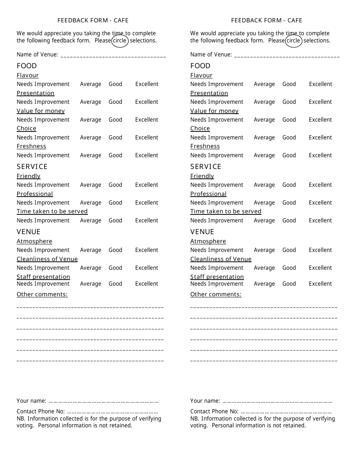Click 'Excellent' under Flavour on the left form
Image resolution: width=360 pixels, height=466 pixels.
point(147,84)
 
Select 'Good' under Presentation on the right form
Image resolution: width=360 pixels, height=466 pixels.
point(289,102)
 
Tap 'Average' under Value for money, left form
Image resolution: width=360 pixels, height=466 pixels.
point(91,120)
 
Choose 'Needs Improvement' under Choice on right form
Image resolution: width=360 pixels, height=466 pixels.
point(217,138)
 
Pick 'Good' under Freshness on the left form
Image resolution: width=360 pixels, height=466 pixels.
point(116,155)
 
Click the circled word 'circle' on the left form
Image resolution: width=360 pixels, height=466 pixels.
point(120,41)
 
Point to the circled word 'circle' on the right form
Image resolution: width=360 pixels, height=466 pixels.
point(293,41)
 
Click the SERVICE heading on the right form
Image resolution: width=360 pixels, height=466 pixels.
point(206,167)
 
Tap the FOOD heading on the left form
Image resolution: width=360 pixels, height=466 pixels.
point(27,66)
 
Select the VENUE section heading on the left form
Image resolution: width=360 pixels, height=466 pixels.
point(28,232)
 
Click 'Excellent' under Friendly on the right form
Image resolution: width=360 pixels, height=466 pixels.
point(320,185)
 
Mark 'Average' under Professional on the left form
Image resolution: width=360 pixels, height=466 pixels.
point(91,203)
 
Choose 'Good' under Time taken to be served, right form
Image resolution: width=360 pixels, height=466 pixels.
point(289,220)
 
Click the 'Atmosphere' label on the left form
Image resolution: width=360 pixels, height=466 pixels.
point(34,241)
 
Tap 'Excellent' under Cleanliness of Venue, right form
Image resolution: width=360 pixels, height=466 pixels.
point(320,268)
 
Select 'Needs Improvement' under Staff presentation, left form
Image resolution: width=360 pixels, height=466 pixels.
point(43,284)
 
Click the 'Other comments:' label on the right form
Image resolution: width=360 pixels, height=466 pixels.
point(216,294)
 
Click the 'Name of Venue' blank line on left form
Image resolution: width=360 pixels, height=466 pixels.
point(113,55)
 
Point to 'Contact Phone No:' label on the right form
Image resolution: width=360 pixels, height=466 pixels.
point(214,411)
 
